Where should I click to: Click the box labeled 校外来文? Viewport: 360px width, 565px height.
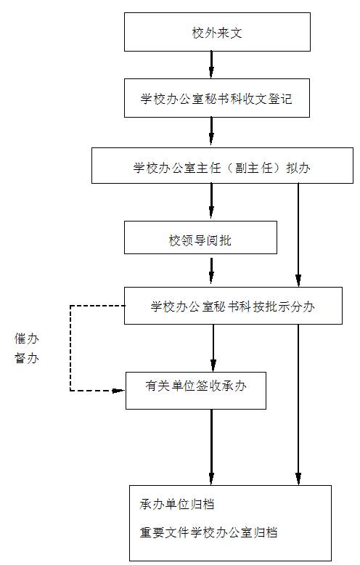pos(217,32)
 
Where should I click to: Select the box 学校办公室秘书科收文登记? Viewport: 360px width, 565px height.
pos(217,98)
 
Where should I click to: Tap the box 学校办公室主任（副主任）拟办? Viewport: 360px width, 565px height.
pos(222,166)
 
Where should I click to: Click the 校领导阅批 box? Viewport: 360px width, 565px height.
pos(200,237)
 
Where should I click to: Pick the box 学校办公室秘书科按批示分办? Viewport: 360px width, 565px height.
pos(233,306)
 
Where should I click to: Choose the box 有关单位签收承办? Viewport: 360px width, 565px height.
pos(195,391)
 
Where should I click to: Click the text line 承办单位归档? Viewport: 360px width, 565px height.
pos(177,504)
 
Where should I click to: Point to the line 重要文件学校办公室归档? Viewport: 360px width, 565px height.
pos(208,532)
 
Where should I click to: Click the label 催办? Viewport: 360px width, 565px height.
pos(27,338)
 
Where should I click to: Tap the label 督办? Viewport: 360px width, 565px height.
pos(27,358)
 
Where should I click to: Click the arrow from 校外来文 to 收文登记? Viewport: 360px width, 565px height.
pos(211,65)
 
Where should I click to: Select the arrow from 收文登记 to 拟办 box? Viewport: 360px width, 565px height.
pos(211,131)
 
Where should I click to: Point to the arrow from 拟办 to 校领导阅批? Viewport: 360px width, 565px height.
pos(211,201)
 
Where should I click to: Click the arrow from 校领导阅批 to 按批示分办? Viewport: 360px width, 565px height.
pos(211,271)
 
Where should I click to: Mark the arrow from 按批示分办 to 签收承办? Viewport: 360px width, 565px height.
pos(213,348)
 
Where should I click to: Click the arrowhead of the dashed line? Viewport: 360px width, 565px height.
pos(119,391)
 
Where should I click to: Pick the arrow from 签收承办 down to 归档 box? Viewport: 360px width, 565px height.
pos(211,447)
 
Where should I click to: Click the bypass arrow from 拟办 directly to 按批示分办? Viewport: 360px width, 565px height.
pos(298,235)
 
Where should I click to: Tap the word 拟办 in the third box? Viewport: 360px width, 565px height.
pos(298,168)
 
